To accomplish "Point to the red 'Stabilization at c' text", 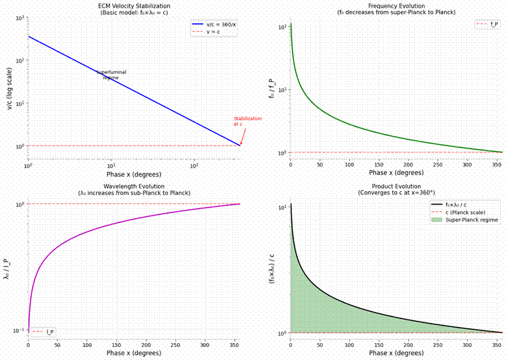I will coord(247,121).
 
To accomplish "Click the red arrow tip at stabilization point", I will coord(240,144).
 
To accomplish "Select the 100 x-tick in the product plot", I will coord(349,345).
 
